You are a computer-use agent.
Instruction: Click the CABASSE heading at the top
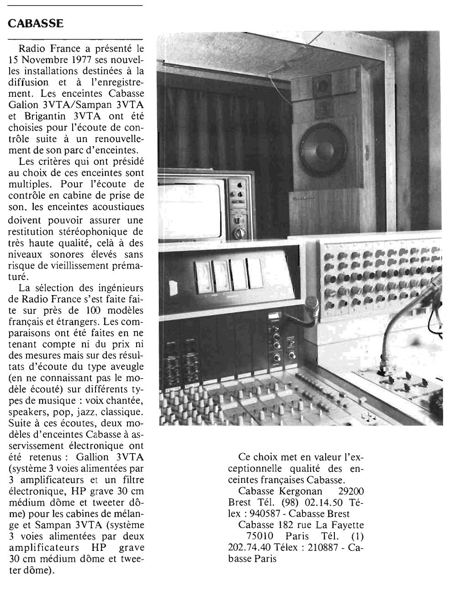36,23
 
